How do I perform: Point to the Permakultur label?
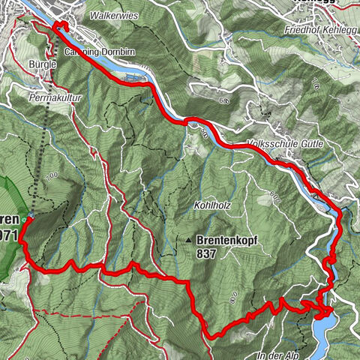[54, 98]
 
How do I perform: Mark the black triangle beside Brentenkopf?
[189, 241]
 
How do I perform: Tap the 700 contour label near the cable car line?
[51, 175]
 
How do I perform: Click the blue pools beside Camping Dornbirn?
[133, 76]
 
